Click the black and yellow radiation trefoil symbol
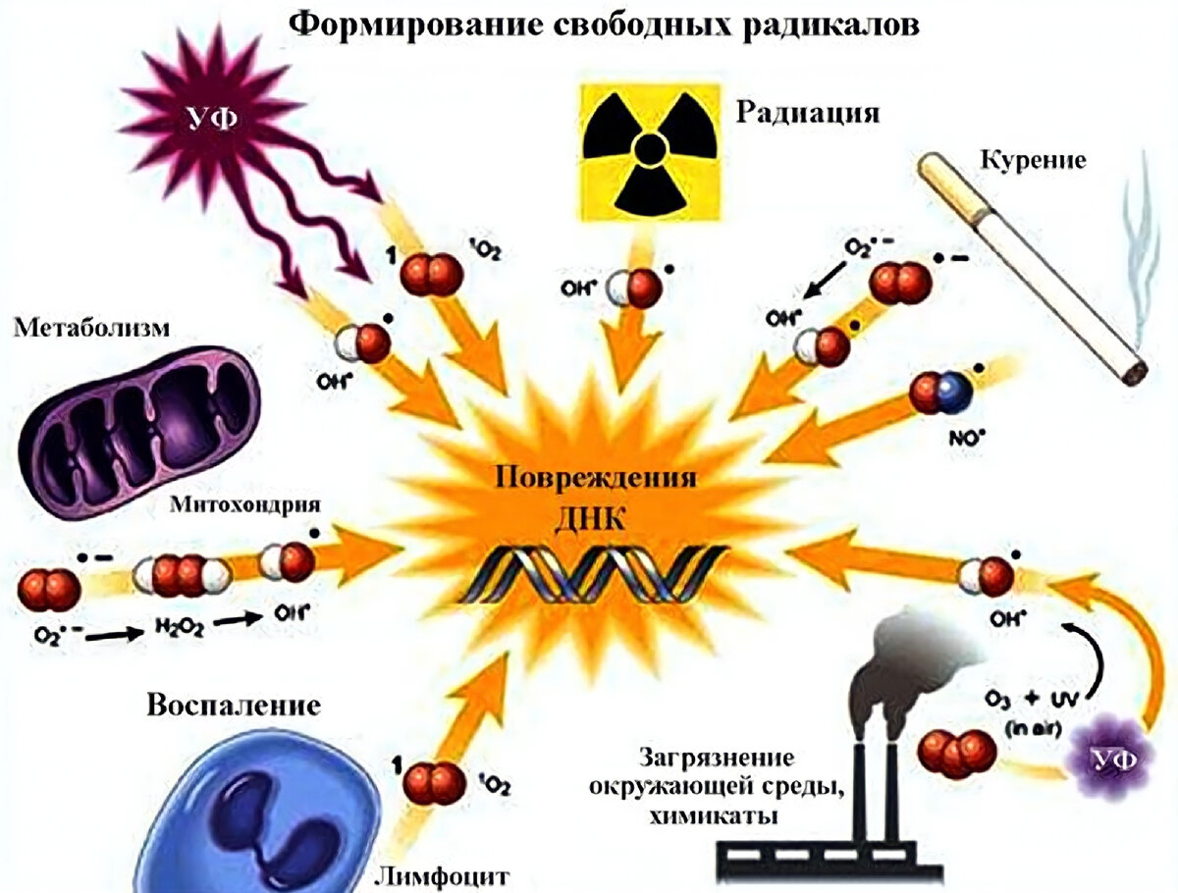pyautogui.click(x=647, y=148)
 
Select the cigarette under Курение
pyautogui.click(x=1031, y=266)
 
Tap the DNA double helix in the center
pyautogui.click(x=609, y=573)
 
